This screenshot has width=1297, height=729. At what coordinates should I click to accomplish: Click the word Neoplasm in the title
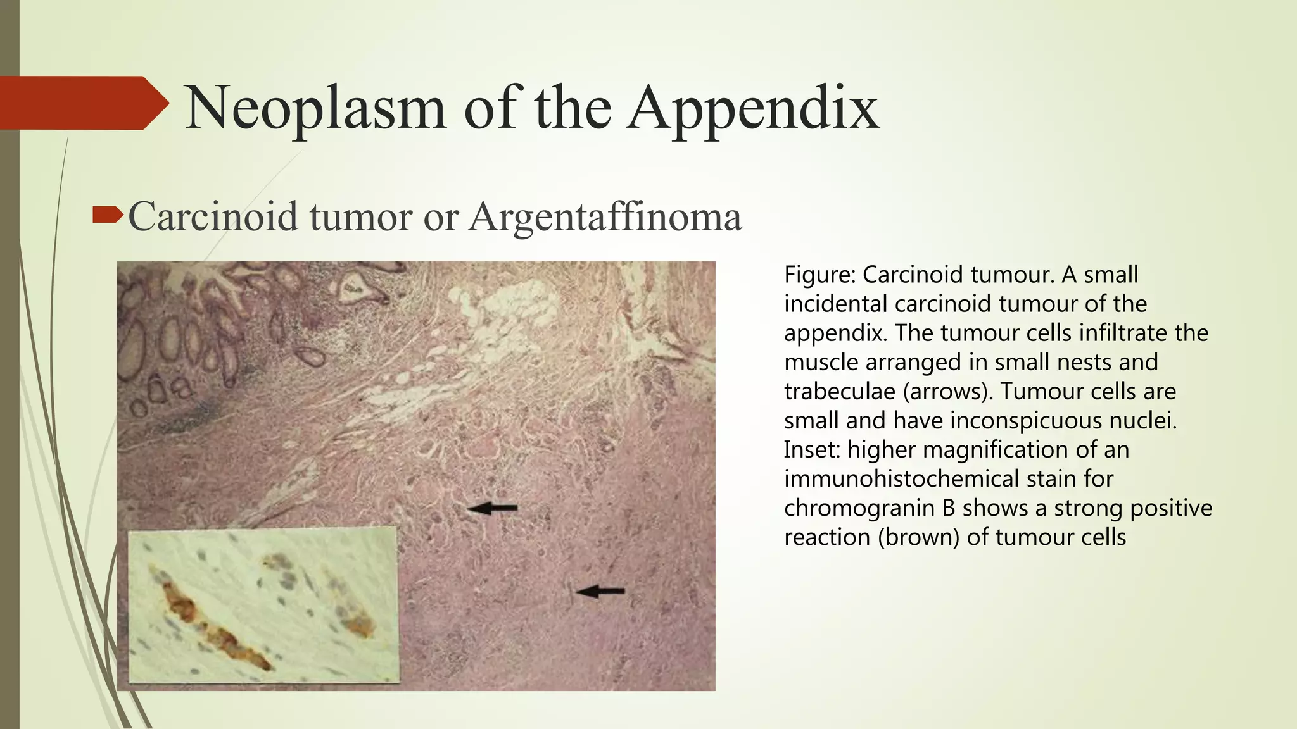[315, 109]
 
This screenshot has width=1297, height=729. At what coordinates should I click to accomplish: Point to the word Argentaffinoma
[605, 217]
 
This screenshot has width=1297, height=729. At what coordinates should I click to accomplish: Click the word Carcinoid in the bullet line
[213, 217]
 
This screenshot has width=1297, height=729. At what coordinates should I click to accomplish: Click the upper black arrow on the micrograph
[493, 508]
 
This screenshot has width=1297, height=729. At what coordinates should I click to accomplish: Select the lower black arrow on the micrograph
[600, 592]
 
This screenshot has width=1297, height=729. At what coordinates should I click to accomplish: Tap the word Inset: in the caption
[811, 450]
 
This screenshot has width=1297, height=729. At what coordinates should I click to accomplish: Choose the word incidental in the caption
[836, 304]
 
